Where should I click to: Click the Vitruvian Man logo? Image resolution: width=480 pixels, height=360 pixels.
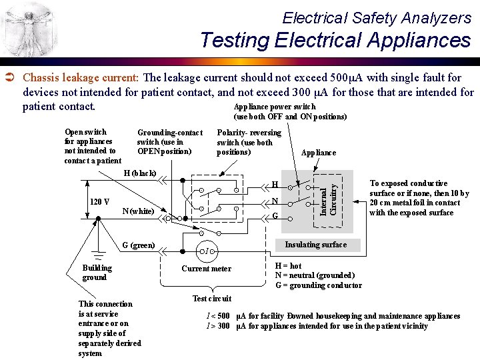pyautogui.click(x=27, y=28)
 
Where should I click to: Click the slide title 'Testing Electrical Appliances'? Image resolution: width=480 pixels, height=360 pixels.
pyautogui.click(x=335, y=40)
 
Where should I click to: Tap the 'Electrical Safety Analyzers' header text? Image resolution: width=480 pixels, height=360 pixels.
pyautogui.click(x=377, y=17)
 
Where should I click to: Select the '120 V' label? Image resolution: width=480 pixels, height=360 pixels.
pyautogui.click(x=99, y=202)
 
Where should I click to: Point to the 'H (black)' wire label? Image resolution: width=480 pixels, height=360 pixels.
pyautogui.click(x=139, y=173)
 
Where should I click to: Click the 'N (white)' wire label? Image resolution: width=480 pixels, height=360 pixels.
pyautogui.click(x=139, y=211)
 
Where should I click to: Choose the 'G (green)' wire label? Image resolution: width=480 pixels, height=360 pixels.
pyautogui.click(x=138, y=245)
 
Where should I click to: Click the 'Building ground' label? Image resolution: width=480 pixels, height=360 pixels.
pyautogui.click(x=97, y=273)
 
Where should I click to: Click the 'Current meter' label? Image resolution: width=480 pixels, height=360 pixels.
pyautogui.click(x=207, y=269)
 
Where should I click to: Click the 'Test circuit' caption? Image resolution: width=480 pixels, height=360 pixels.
pyautogui.click(x=211, y=298)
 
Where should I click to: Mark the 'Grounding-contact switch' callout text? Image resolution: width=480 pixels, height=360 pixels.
pyautogui.click(x=169, y=142)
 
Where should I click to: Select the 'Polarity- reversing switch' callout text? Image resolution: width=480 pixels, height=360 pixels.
pyautogui.click(x=249, y=142)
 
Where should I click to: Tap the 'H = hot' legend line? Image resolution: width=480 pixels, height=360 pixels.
pyautogui.click(x=289, y=265)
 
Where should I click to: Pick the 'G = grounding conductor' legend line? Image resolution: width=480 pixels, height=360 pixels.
pyautogui.click(x=319, y=285)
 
